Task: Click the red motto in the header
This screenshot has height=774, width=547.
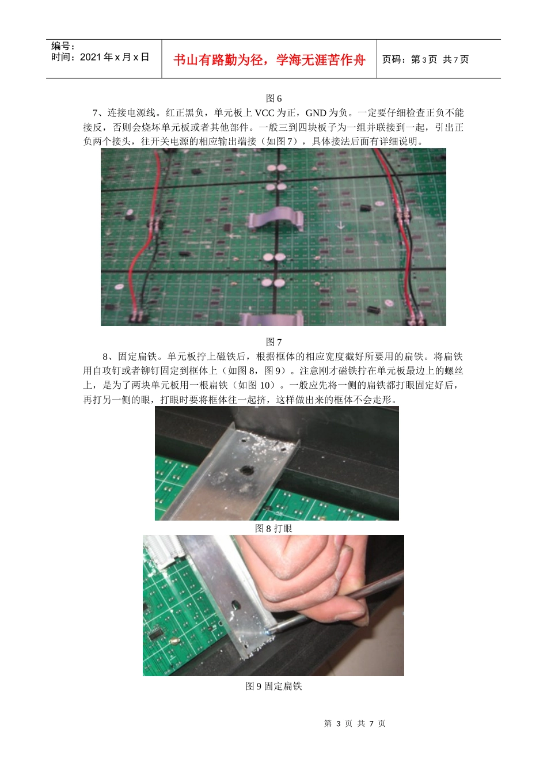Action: click(269, 60)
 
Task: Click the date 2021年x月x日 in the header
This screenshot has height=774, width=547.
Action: click(114, 57)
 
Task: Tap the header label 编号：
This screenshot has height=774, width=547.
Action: click(63, 46)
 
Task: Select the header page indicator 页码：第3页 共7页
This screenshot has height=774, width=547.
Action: click(426, 59)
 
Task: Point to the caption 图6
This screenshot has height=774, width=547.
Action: click(273, 98)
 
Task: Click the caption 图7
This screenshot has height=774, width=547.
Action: click(273, 342)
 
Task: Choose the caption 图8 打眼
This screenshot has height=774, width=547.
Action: click(273, 528)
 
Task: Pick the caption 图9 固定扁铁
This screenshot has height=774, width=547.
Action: click(273, 686)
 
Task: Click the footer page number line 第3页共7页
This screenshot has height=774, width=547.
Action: click(355, 723)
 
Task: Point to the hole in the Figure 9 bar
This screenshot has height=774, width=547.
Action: click(235, 605)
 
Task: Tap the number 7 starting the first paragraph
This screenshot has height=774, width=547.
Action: click(95, 113)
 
